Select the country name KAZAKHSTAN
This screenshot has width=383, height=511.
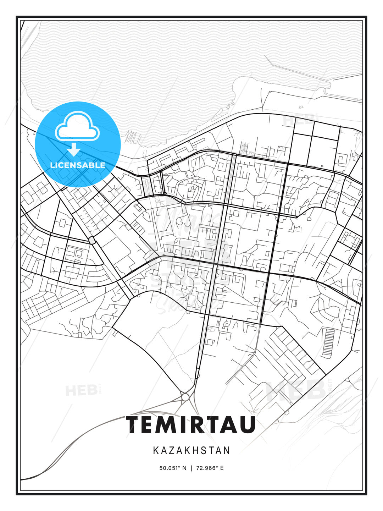click(191, 451)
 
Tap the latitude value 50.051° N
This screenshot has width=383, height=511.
click(173, 468)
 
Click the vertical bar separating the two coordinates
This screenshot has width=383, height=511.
click(191, 468)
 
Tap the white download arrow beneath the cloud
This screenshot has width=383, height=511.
click(74, 150)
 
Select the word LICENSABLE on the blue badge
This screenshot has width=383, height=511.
click(78, 165)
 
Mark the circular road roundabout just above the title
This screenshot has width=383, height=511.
click(185, 397)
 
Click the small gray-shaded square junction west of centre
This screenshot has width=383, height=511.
click(92, 241)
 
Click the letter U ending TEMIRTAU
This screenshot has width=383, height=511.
click(246, 424)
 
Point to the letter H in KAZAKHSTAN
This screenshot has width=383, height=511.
click(197, 451)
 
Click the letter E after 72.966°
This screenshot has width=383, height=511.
click(222, 468)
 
